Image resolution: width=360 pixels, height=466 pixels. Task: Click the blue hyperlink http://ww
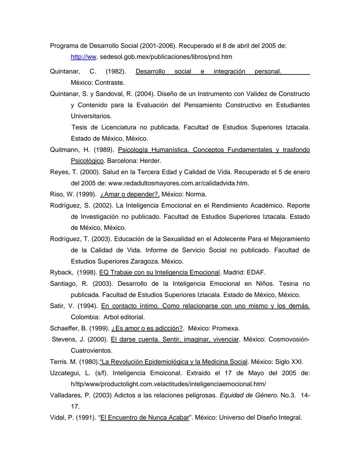(83, 57)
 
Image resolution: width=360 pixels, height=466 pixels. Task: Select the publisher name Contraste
(110, 82)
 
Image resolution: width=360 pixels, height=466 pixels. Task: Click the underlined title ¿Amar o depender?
(130, 194)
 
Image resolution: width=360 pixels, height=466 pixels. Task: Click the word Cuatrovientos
(91, 351)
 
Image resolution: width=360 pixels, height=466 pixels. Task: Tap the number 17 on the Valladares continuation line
(75, 407)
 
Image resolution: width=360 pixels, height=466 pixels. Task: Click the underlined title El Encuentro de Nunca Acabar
(144, 418)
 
